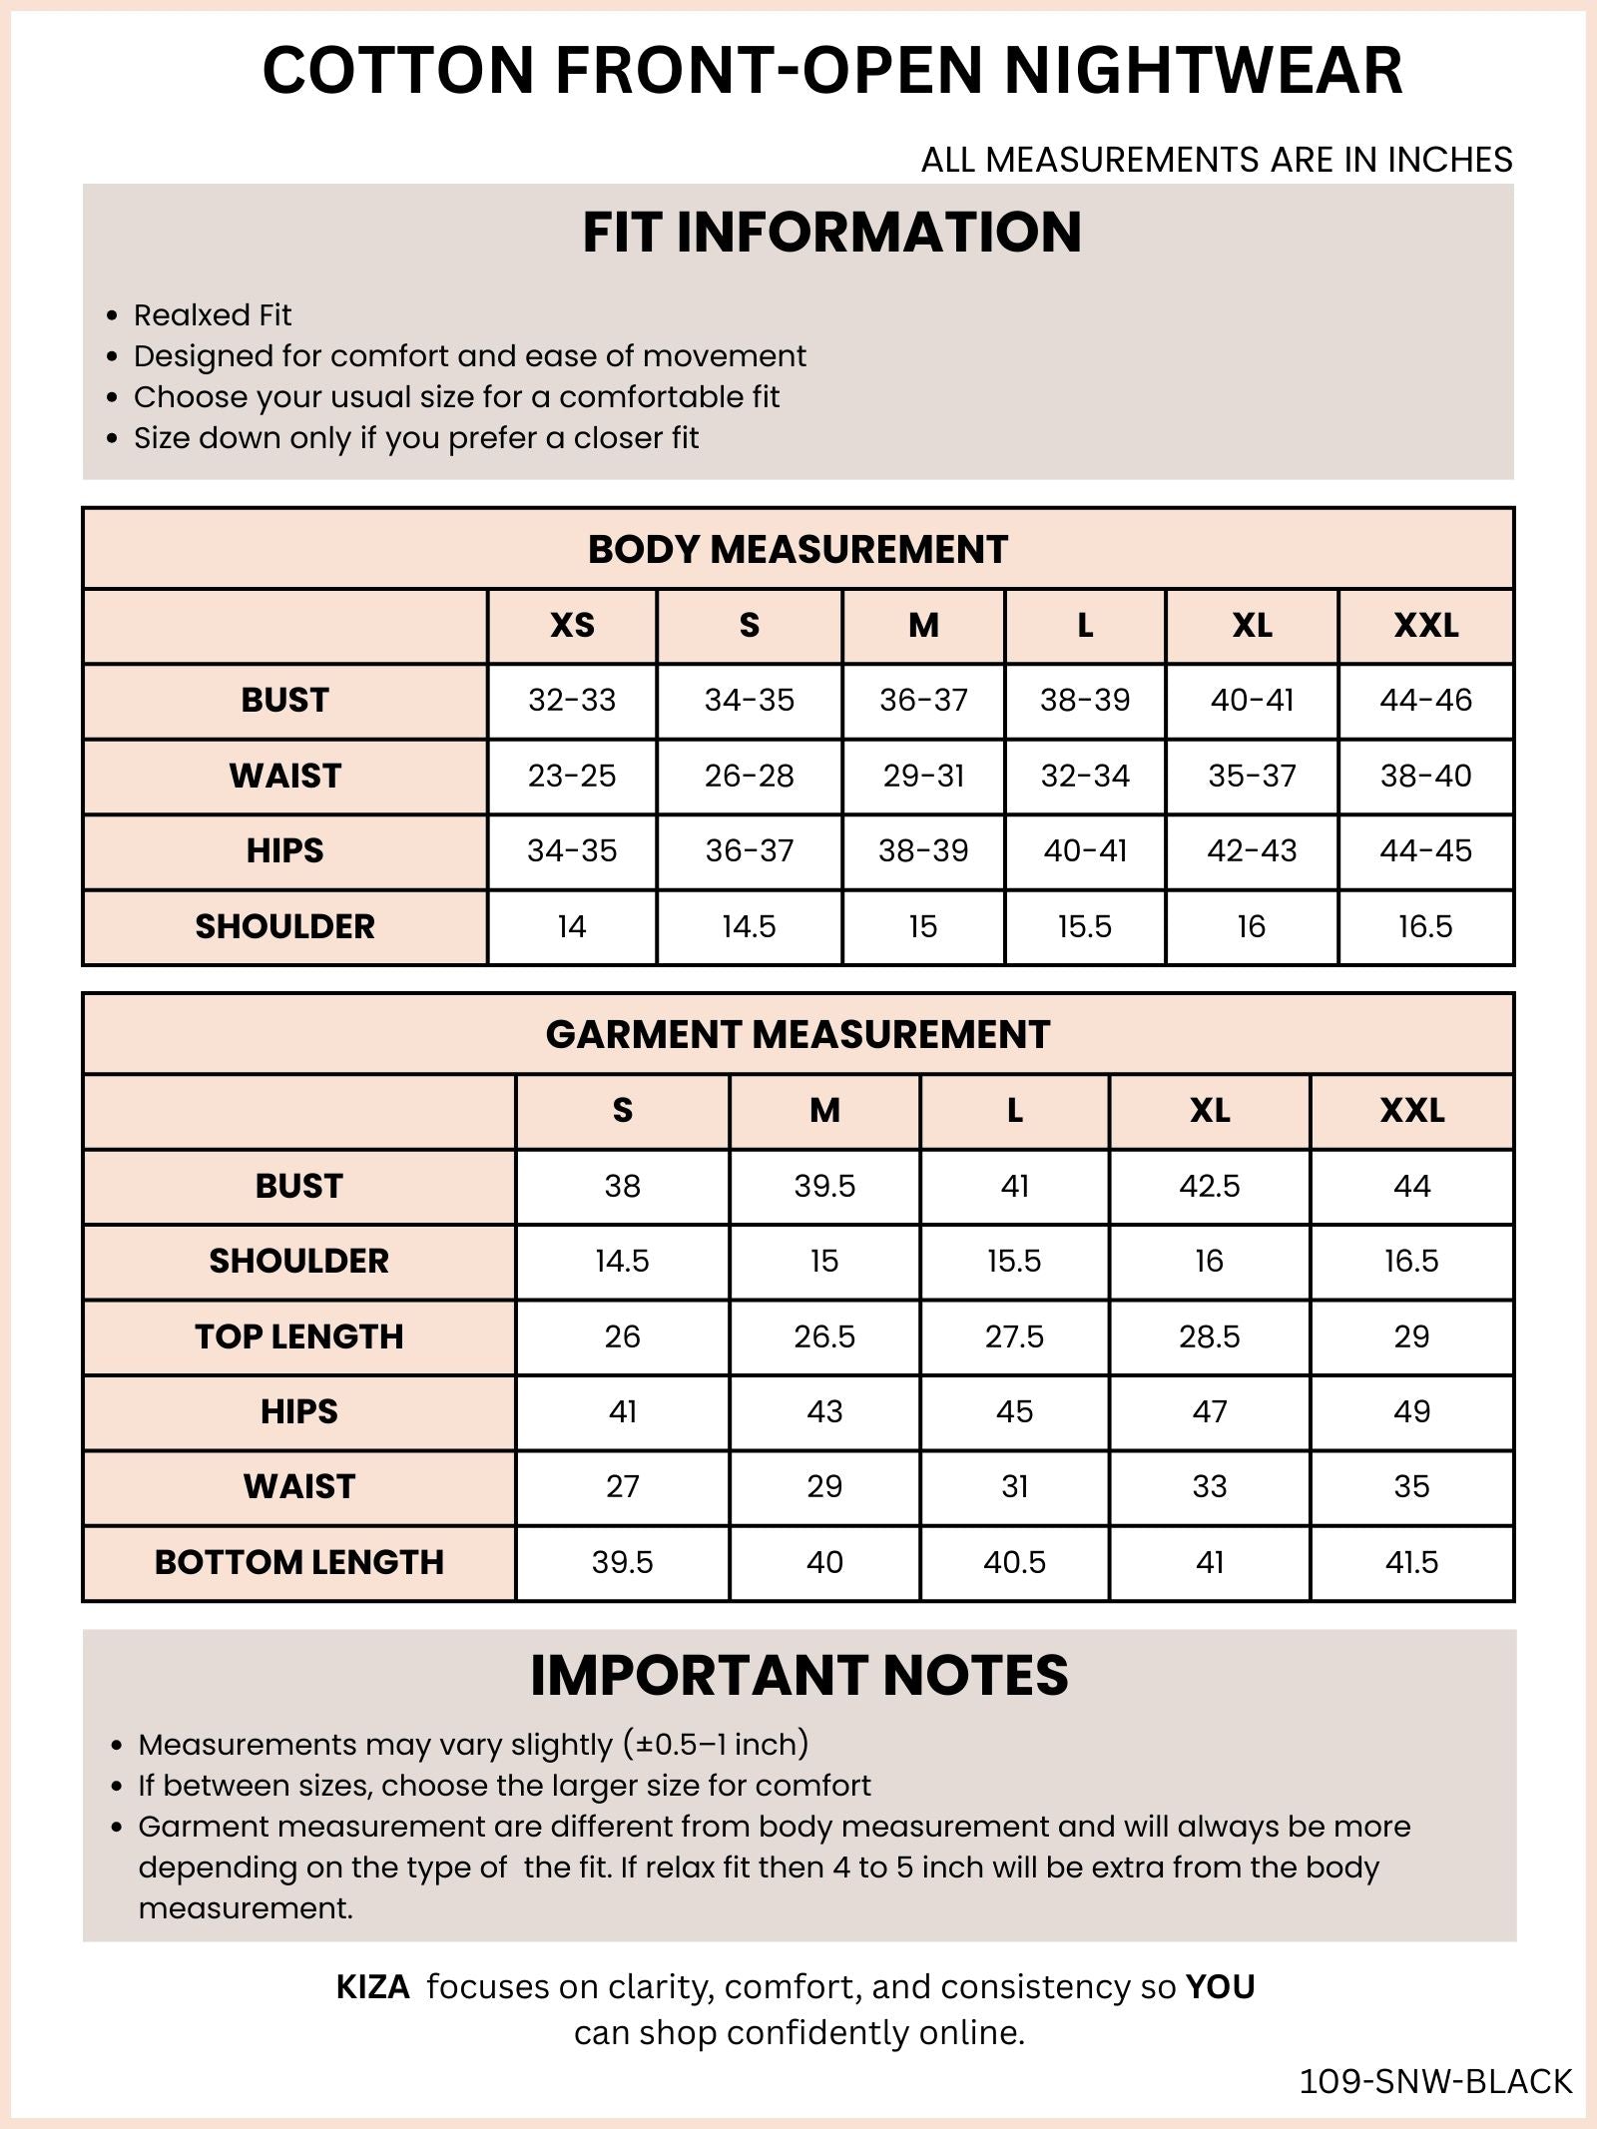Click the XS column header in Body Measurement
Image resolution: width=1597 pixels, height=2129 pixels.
tap(572, 626)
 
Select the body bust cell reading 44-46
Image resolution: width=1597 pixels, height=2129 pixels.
tap(1425, 701)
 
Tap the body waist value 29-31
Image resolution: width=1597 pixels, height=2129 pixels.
tap(923, 776)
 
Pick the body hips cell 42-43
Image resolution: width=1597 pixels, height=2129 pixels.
tap(1252, 850)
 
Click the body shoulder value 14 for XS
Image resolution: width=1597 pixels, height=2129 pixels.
tap(572, 926)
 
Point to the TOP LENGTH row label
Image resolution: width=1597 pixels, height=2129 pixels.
tap(298, 1336)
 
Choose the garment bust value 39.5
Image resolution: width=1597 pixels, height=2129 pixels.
tap(824, 1186)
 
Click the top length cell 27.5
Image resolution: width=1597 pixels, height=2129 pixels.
tap(1014, 1336)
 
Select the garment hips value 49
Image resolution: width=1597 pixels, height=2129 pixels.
tap(1411, 1411)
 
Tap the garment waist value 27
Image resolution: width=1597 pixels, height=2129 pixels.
tap(622, 1486)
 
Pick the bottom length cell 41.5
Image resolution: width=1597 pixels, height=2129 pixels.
tap(1411, 1562)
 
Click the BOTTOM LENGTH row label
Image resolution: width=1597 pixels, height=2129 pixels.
tap(298, 1562)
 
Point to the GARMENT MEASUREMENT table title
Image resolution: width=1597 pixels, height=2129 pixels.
tap(798, 1034)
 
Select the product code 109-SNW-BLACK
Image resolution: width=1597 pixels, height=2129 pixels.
tap(1435, 2081)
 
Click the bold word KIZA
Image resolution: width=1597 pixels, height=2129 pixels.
tap(372, 1987)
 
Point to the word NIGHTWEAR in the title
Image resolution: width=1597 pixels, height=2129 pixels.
tap(1203, 70)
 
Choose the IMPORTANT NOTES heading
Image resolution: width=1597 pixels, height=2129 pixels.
tap(798, 1675)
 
